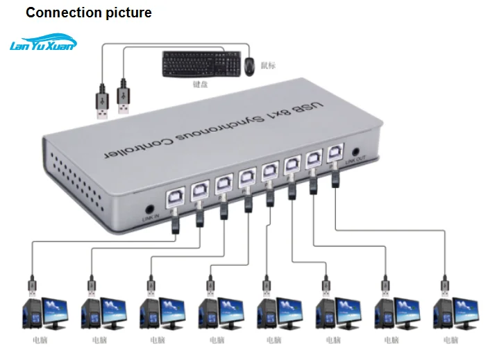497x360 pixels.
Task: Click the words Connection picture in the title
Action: click(x=88, y=12)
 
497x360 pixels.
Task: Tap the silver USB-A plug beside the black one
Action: click(x=124, y=98)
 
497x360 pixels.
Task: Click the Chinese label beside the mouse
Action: click(x=268, y=65)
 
